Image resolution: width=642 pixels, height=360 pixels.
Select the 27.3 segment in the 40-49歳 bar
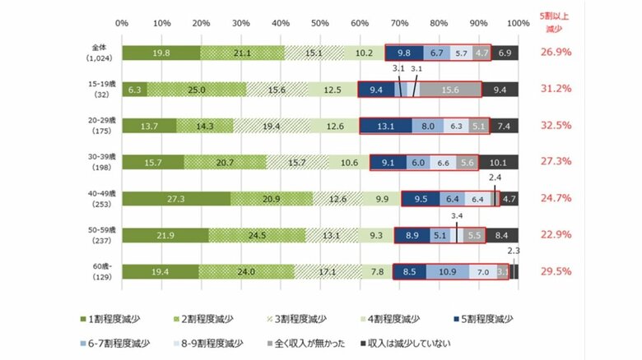click(x=176, y=199)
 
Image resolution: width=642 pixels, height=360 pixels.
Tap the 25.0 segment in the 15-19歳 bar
click(x=197, y=90)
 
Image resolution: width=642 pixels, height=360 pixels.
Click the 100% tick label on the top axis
click(x=518, y=22)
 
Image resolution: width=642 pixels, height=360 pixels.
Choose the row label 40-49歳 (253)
click(x=105, y=199)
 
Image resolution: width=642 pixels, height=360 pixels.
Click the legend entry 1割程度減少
click(x=112, y=318)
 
